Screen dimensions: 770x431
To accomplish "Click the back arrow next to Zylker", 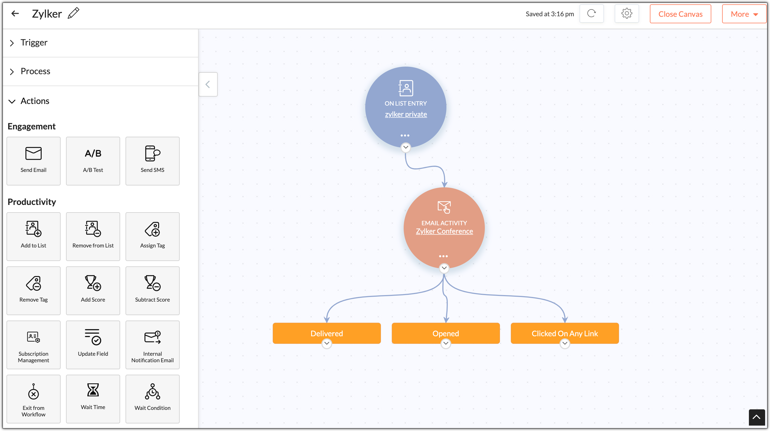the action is click(x=15, y=14).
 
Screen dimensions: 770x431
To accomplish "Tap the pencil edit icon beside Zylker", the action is click(x=74, y=14).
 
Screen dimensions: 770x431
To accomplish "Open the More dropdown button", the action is click(x=744, y=14).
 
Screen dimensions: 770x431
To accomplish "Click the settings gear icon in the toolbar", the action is click(x=627, y=14).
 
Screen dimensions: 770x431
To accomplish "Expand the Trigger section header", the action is click(x=34, y=43).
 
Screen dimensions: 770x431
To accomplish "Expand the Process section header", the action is click(x=35, y=71).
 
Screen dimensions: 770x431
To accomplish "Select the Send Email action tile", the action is click(x=34, y=161).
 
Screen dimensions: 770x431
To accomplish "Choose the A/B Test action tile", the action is click(x=93, y=161).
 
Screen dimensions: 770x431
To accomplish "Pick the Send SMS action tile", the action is click(x=152, y=161).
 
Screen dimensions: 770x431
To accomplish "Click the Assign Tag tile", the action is click(x=152, y=236).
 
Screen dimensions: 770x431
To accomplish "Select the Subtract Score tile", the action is click(x=152, y=290).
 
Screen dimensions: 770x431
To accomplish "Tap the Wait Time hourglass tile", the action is click(x=93, y=399).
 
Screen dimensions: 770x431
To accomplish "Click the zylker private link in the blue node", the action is click(x=406, y=114).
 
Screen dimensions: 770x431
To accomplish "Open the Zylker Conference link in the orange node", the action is click(x=444, y=231).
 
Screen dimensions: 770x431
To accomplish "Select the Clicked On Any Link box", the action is click(x=565, y=333).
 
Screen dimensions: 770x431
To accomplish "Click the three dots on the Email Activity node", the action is click(x=443, y=256).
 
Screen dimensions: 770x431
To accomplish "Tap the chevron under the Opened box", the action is click(x=446, y=343).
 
